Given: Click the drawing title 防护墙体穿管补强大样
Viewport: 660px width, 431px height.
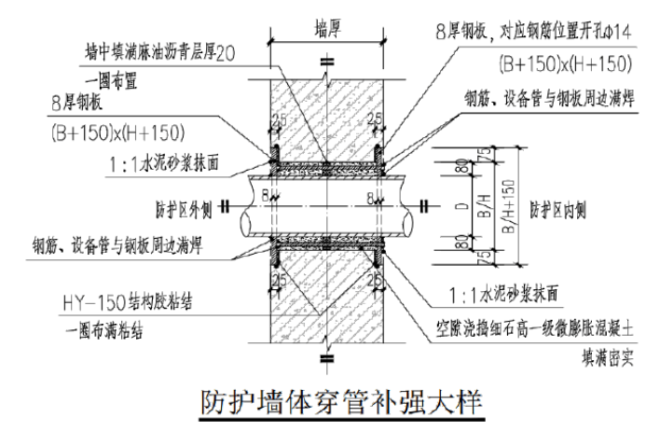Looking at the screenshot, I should pyautogui.click(x=343, y=403).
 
